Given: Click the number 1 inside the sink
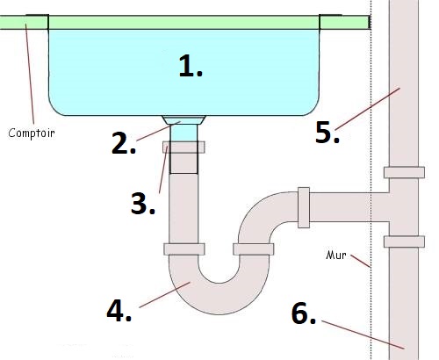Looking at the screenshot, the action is [191, 67].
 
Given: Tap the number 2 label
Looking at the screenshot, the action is [124, 143].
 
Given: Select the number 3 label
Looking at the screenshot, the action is [143, 204].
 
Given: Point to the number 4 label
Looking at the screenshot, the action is [119, 311].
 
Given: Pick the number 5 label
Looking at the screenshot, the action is [327, 133].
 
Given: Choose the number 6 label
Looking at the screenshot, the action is [304, 313].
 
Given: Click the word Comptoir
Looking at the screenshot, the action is [32, 133].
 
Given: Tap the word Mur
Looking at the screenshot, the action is [336, 256].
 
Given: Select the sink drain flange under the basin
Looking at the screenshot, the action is [184, 120].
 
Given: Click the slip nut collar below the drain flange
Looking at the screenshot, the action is [184, 148].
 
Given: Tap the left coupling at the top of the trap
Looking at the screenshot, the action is [184, 249].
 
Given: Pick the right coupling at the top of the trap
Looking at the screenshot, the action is [254, 249].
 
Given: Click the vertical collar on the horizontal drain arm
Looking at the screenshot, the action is [304, 207].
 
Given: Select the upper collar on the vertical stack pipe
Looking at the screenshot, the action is [404, 172].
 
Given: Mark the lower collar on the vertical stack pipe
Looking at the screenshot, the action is [404, 241].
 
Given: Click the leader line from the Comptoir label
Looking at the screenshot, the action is [30, 74].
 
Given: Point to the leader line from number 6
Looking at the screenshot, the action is [363, 335].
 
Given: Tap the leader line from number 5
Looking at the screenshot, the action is [368, 109].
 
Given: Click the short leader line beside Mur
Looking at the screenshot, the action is [361, 262].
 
